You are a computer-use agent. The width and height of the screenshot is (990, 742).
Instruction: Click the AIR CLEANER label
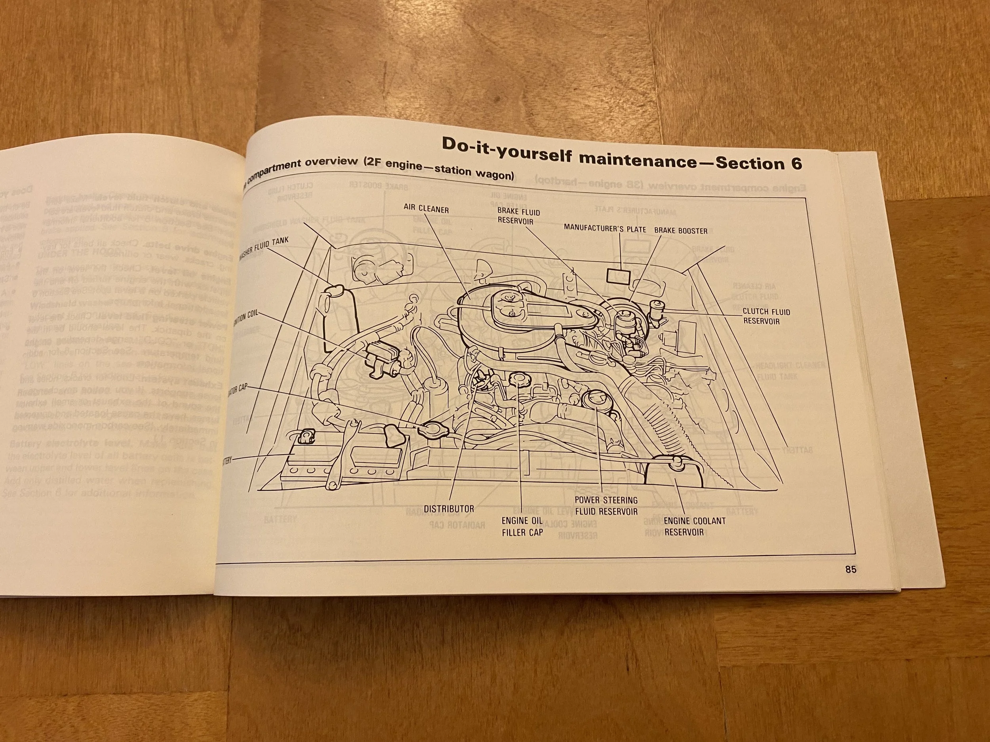(426, 209)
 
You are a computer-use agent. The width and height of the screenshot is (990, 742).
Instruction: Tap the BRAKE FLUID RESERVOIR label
(518, 216)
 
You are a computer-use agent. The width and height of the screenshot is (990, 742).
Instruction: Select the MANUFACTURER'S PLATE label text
(605, 229)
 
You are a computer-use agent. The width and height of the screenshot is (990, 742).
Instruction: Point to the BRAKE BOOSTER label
(680, 231)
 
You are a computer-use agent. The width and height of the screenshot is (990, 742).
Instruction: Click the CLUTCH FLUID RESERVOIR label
(766, 316)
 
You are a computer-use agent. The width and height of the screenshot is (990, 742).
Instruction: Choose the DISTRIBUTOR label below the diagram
(448, 509)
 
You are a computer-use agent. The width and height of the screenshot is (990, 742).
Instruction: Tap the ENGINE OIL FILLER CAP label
(522, 526)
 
